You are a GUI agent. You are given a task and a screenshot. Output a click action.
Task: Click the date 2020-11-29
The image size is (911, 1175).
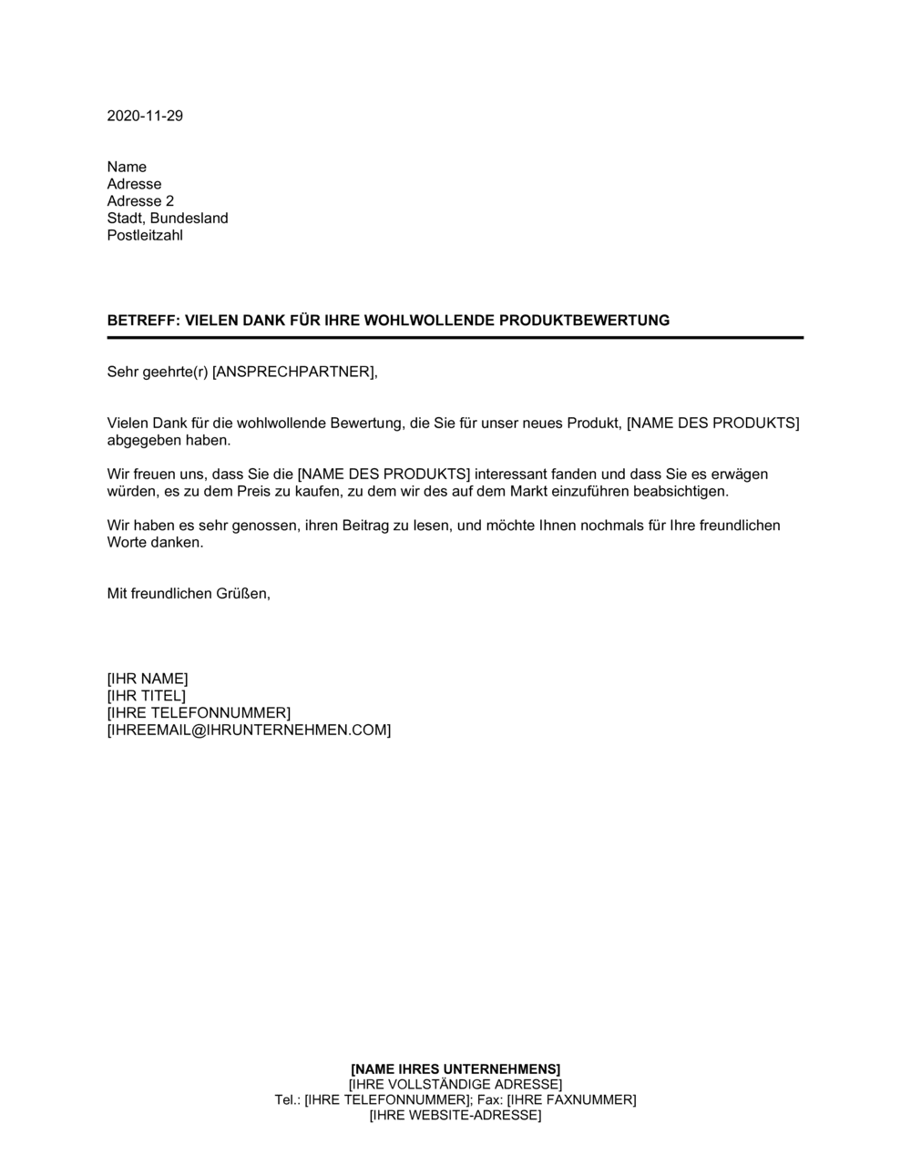point(145,116)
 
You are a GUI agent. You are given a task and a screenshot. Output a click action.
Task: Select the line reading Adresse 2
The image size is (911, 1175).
point(140,201)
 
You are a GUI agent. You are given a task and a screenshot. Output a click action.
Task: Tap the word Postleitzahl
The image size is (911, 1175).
point(145,236)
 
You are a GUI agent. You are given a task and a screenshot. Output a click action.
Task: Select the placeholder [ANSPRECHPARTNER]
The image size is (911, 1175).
point(293,372)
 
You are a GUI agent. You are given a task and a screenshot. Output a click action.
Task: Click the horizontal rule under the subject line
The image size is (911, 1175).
point(455,338)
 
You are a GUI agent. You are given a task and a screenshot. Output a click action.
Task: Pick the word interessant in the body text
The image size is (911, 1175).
point(511,475)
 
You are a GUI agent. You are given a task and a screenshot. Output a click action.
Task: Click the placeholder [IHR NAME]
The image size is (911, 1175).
point(148,679)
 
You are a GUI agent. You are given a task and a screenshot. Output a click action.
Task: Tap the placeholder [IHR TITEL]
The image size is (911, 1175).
point(146,696)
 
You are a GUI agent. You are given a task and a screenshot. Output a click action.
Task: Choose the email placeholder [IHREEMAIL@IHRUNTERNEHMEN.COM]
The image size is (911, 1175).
point(249,731)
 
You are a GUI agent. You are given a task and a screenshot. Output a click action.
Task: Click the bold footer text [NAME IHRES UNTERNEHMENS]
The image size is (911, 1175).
point(455,1068)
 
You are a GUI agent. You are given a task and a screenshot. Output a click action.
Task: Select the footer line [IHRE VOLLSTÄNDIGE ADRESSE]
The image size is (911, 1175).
point(455,1084)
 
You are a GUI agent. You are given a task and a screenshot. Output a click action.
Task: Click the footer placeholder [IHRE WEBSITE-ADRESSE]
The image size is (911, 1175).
point(455,1115)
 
